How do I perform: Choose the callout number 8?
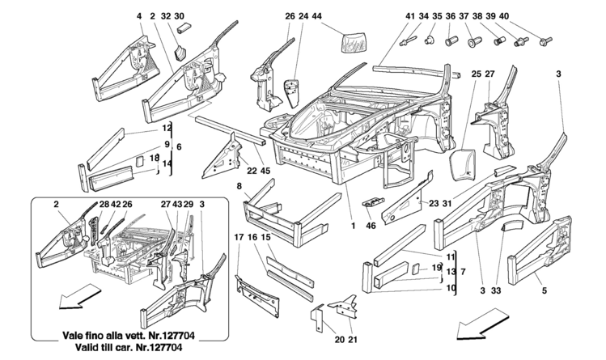(239, 186)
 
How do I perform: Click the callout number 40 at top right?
(550, 16)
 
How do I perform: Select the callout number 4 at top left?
(139, 16)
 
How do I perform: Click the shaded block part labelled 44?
(354, 41)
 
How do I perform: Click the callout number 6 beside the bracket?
(180, 146)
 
